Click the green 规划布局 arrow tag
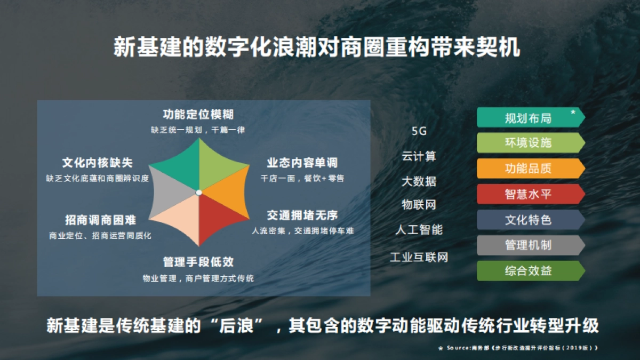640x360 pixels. (x=528, y=118)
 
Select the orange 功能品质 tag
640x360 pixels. (x=528, y=169)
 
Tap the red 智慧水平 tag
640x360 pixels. (x=528, y=194)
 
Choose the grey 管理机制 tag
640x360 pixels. (x=528, y=245)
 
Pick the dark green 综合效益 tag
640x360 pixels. (x=528, y=271)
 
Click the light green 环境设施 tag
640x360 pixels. (x=528, y=143)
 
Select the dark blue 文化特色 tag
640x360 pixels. (x=528, y=220)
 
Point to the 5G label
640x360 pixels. (x=419, y=131)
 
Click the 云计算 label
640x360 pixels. (x=419, y=156)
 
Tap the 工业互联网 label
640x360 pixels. (x=419, y=258)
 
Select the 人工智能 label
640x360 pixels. (x=419, y=230)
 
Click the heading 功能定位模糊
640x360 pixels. (x=198, y=115)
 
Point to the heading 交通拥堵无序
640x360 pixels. (x=302, y=215)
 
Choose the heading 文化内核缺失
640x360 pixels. (x=98, y=163)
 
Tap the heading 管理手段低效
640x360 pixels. (x=198, y=262)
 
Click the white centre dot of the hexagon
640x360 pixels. (x=198, y=192)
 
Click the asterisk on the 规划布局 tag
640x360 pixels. (x=573, y=113)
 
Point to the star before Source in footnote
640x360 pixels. (x=441, y=348)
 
